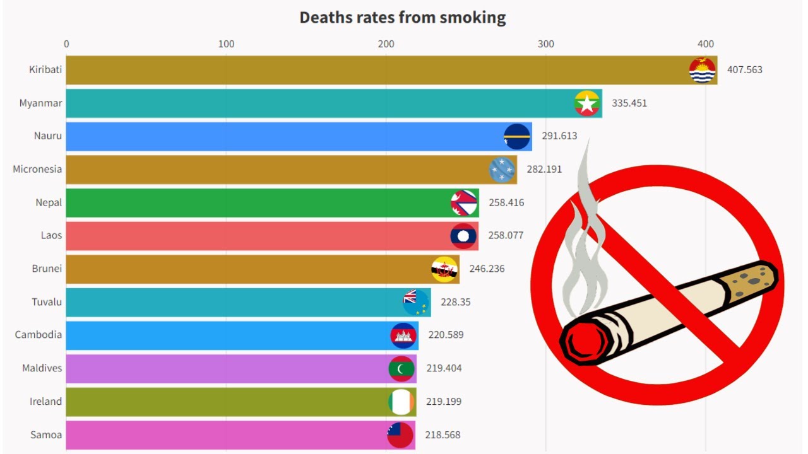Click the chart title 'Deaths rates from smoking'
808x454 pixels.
pyautogui.click(x=403, y=18)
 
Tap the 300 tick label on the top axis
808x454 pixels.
pyautogui.click(x=545, y=44)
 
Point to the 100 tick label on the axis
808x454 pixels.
pyautogui.click(x=226, y=44)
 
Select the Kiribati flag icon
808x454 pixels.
pyautogui.click(x=702, y=70)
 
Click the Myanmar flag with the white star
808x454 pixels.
pyautogui.click(x=587, y=103)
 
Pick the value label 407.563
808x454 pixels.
pyautogui.click(x=744, y=70)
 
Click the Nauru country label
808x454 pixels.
pyautogui.click(x=48, y=136)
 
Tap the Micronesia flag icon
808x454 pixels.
pyautogui.click(x=502, y=170)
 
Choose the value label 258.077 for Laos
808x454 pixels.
pyautogui.click(x=506, y=235)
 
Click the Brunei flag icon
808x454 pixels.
pyautogui.click(x=444, y=269)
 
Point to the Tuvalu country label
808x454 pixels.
pyautogui.click(x=47, y=302)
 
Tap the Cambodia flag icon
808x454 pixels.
pyautogui.click(x=403, y=335)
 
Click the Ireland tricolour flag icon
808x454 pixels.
pyautogui.click(x=401, y=402)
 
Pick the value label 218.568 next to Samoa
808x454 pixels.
pyautogui.click(x=443, y=435)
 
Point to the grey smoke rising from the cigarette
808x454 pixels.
pyautogui.click(x=584, y=240)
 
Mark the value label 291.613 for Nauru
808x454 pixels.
pyautogui.click(x=559, y=136)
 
